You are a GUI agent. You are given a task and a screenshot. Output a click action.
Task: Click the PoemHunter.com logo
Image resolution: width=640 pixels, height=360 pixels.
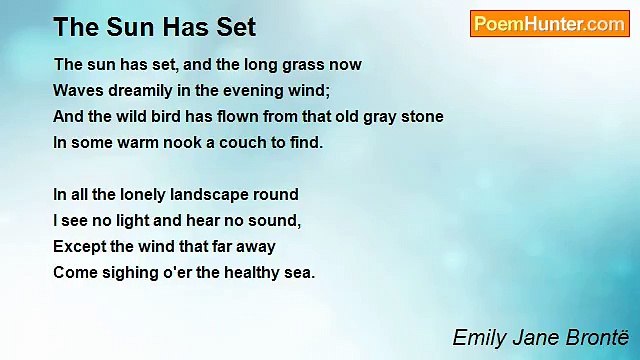549,24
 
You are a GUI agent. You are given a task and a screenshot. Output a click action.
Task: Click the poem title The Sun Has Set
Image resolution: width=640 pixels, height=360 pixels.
154,26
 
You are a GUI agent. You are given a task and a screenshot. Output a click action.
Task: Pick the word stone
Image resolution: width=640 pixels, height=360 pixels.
421,117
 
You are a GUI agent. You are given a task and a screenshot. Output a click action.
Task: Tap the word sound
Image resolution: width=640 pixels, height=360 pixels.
276,221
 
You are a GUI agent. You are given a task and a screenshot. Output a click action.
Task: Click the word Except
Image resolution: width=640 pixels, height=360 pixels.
79,247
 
